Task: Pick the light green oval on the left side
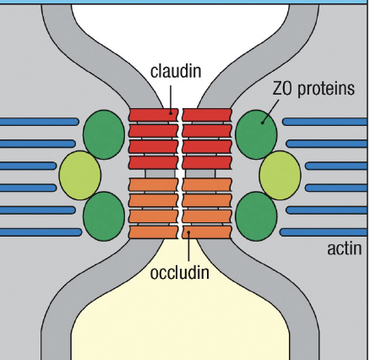tap(80, 175)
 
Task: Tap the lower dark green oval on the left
tap(104, 214)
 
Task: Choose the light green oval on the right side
tap(280, 176)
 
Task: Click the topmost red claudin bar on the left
tap(153, 114)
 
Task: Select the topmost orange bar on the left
tap(153, 184)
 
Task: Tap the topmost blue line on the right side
tap(325, 122)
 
